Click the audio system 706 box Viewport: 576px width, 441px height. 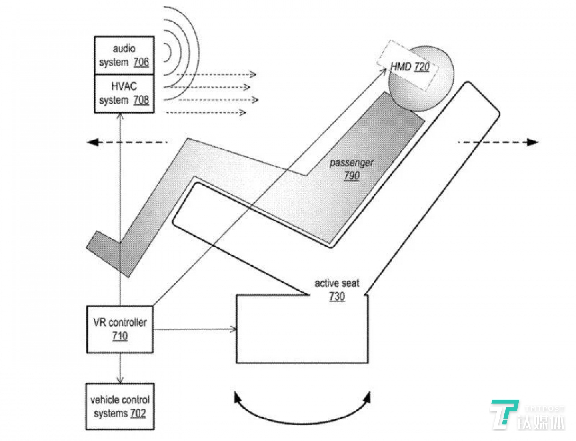pos(124,55)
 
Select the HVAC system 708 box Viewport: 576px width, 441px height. pos(124,93)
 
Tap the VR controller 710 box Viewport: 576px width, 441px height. pos(120,329)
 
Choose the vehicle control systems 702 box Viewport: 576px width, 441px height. pos(120,406)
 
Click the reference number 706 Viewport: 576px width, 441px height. pos(141,62)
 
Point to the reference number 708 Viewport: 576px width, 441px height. pos(141,100)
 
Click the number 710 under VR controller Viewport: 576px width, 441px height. pos(120,336)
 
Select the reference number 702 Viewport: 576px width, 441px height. pos(138,413)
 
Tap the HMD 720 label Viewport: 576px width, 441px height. pos(410,66)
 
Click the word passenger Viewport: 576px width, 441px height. pos(351,163)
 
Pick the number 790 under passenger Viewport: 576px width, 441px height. pos(352,175)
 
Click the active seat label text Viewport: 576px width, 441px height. pos(337,283)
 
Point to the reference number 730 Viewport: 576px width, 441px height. pos(337,296)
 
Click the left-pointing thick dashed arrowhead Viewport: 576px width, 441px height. pos(93,142)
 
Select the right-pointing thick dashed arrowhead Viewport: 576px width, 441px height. pos(533,142)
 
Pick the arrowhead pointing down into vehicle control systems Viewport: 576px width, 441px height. pos(120,380)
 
